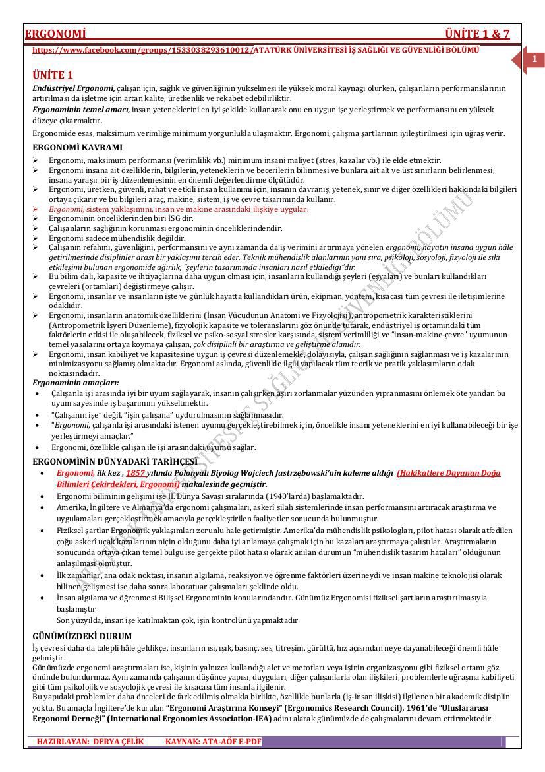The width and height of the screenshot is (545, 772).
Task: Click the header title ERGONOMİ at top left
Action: pos(56,34)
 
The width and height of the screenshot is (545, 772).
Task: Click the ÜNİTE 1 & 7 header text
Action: pos(477,34)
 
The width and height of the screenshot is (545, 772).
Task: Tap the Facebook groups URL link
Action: pos(142,50)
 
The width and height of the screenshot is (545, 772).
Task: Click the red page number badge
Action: pos(534,60)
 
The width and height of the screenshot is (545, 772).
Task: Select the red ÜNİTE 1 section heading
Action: pos(53,75)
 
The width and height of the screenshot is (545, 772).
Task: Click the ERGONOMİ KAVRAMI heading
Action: pos(77,147)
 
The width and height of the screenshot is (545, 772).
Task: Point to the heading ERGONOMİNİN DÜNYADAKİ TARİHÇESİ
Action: pos(115,461)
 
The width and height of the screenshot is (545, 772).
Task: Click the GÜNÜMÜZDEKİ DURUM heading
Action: pos(82,636)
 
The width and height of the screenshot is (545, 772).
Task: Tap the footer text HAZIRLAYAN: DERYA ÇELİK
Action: pos(90,742)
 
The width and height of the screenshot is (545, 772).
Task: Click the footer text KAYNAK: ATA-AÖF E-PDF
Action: pos(213,742)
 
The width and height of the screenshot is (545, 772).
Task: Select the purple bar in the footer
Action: pos(382,742)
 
